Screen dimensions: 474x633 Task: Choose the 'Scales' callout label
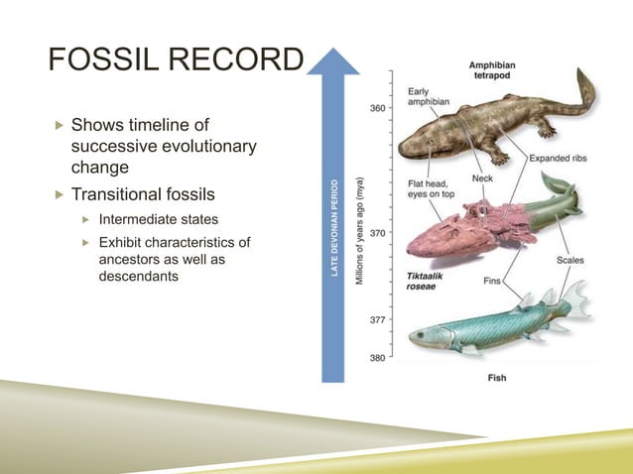coord(571,262)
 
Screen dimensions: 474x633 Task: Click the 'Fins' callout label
coord(491,282)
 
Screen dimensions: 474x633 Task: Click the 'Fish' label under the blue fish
coord(499,378)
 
